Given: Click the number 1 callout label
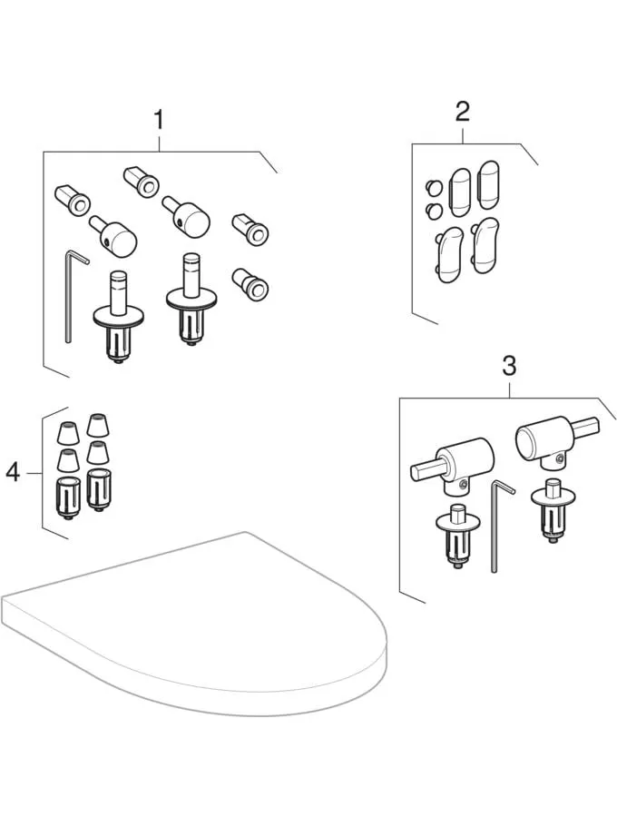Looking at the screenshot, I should (x=159, y=119).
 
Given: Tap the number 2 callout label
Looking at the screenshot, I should (x=462, y=113).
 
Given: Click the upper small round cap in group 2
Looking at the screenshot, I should (x=433, y=188).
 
